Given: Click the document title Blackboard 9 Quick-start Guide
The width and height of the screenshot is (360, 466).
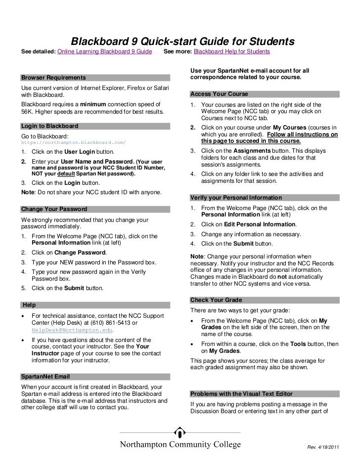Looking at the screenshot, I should pos(183,41).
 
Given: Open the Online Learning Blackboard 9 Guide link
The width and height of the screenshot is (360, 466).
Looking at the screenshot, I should pos(105,51).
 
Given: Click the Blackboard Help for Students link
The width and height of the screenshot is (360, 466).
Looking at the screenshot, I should pos(232,51).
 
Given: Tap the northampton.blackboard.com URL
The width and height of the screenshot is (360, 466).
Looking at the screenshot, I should pos(74,142).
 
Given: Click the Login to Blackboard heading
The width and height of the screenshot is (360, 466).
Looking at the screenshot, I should pos(50,126).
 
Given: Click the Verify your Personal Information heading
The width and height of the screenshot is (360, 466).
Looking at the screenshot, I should pos(236,198).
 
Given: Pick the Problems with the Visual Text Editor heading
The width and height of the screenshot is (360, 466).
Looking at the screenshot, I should pos(241,394).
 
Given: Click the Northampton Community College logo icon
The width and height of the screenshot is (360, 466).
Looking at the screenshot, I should pos(180,428).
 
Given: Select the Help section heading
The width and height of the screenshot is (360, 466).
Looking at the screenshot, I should pos(29,305).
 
